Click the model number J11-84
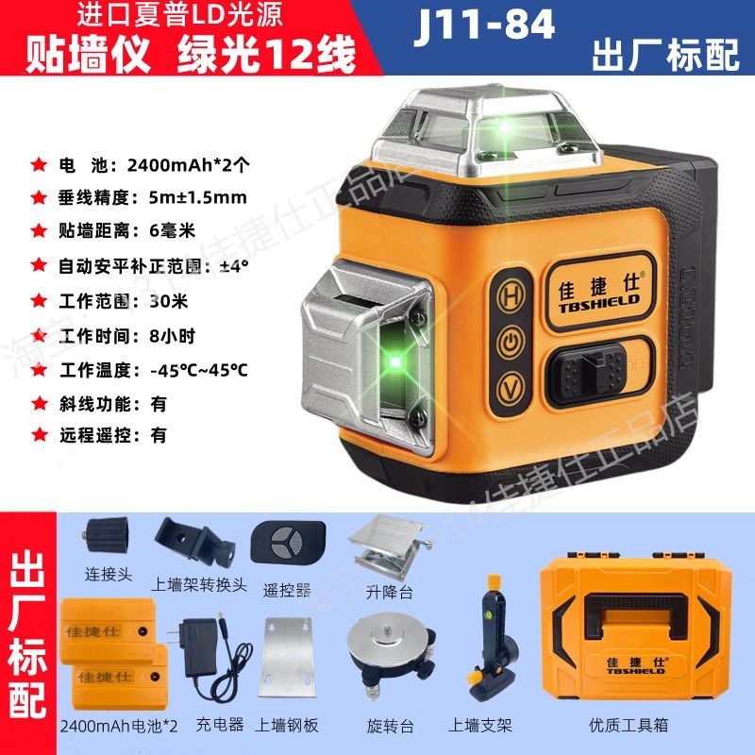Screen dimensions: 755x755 484,25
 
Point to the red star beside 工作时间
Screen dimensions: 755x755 38,335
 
